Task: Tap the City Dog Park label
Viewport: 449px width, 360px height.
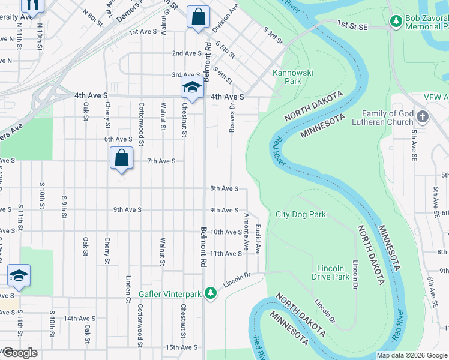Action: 300,214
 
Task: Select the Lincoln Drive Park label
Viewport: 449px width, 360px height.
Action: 331,272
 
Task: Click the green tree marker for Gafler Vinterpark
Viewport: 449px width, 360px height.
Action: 210,293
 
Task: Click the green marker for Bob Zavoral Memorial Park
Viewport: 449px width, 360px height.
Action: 396,22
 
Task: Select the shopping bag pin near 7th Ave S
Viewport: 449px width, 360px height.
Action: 121,159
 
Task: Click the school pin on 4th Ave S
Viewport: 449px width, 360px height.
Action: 192,88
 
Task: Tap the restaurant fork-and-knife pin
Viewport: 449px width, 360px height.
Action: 32,5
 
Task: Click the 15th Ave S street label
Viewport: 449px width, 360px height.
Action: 182,347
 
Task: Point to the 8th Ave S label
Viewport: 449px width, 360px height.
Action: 224,188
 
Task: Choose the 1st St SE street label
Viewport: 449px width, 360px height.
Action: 351,24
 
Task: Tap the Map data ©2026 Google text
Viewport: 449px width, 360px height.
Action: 412,355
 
